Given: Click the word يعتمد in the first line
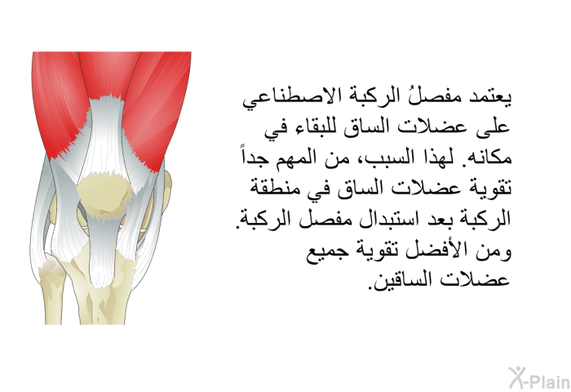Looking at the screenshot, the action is [489, 97].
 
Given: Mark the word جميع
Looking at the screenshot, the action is [321, 252].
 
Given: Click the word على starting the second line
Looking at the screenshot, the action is [494, 128].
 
